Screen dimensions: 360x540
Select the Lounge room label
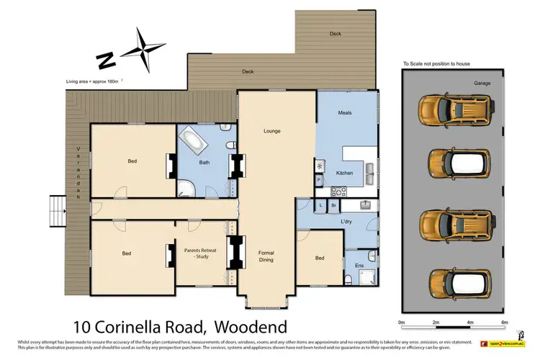(x=271, y=131)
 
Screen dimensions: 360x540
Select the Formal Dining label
(x=271, y=256)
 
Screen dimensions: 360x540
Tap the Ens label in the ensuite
(x=359, y=267)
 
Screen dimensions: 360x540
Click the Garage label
(x=482, y=84)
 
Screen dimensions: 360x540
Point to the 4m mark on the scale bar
(x=469, y=322)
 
